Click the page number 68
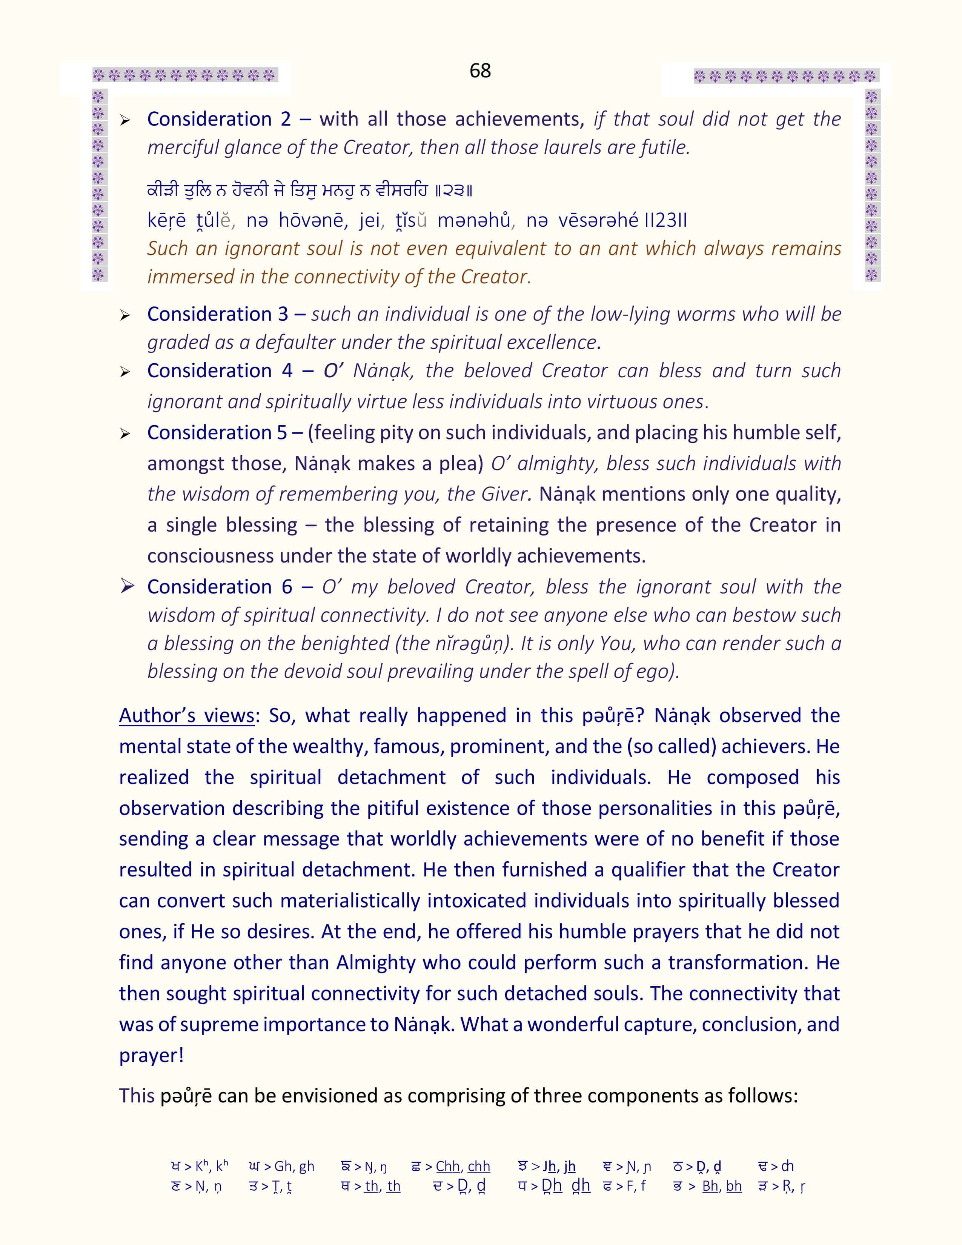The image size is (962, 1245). [480, 71]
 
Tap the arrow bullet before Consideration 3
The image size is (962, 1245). [125, 315]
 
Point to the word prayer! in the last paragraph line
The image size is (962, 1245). [151, 1055]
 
